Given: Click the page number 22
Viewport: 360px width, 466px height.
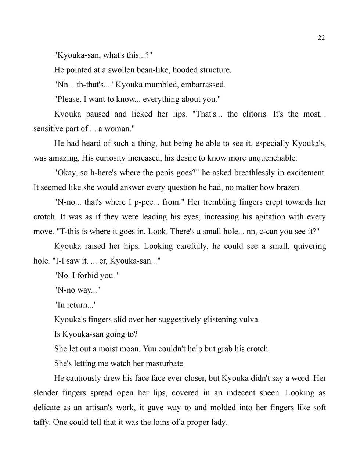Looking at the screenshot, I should point(321,38).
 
